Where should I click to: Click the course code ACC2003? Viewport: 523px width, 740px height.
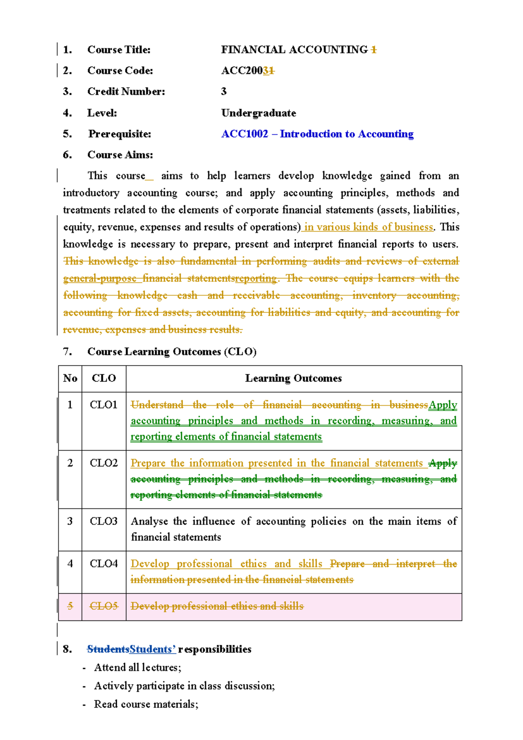pyautogui.click(x=247, y=71)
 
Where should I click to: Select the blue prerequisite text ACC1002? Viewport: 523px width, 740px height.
pyautogui.click(x=245, y=134)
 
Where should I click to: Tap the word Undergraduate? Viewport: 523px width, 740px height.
pyautogui.click(x=258, y=113)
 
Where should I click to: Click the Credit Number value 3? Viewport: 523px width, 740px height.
pyautogui.click(x=224, y=92)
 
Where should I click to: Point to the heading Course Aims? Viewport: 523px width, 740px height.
pyautogui.click(x=120, y=155)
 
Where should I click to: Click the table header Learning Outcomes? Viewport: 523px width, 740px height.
pyautogui.click(x=293, y=378)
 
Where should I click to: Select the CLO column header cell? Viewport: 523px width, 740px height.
pyautogui.click(x=104, y=378)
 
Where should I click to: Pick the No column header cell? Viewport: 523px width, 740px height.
pyautogui.click(x=70, y=378)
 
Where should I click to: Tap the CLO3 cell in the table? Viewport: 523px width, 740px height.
pyautogui.click(x=104, y=521)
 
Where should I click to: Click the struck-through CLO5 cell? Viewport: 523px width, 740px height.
pyautogui.click(x=104, y=606)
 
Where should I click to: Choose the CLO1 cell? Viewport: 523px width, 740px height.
pyautogui.click(x=104, y=405)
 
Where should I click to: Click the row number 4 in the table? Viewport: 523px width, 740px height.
pyautogui.click(x=70, y=564)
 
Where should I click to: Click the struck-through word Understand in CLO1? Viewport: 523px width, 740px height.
pyautogui.click(x=157, y=405)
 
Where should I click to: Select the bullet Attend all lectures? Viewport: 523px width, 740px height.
pyautogui.click(x=138, y=668)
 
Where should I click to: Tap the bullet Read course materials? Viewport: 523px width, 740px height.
pyautogui.click(x=146, y=704)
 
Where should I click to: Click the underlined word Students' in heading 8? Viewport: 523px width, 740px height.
pyautogui.click(x=153, y=649)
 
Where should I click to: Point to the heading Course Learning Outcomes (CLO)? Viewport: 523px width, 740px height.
pyautogui.click(x=172, y=352)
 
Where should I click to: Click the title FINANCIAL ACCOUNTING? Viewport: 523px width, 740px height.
pyautogui.click(x=294, y=50)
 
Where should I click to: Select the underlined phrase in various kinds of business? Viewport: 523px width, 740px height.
pyautogui.click(x=369, y=227)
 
